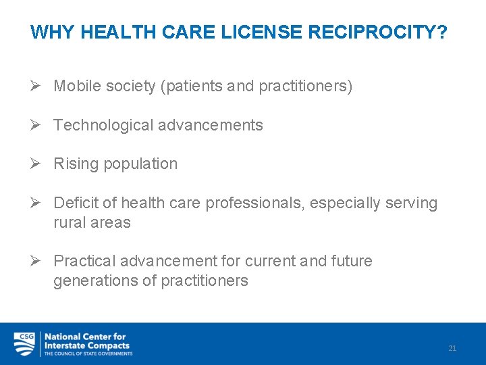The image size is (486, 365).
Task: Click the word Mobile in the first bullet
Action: [75, 87]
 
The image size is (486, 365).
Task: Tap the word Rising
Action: [74, 164]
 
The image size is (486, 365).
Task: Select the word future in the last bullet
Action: [351, 261]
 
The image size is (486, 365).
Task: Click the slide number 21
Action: [452, 348]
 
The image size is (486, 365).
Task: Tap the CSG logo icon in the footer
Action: [24, 343]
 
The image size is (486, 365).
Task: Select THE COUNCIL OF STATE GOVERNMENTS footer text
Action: [88, 354]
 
